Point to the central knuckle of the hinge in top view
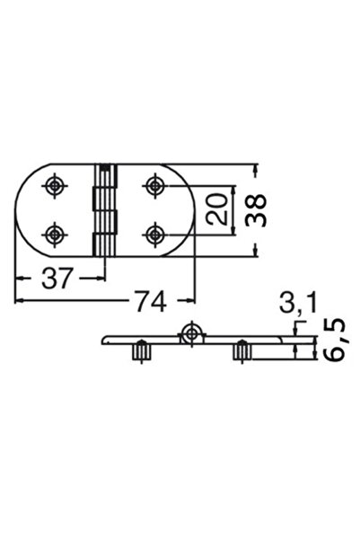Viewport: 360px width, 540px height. point(107,209)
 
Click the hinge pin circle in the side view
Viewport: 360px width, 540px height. point(189,335)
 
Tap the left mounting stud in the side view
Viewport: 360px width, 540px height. point(139,352)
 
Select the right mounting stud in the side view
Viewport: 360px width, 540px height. point(241,352)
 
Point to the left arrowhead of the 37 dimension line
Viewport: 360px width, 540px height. point(21,279)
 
